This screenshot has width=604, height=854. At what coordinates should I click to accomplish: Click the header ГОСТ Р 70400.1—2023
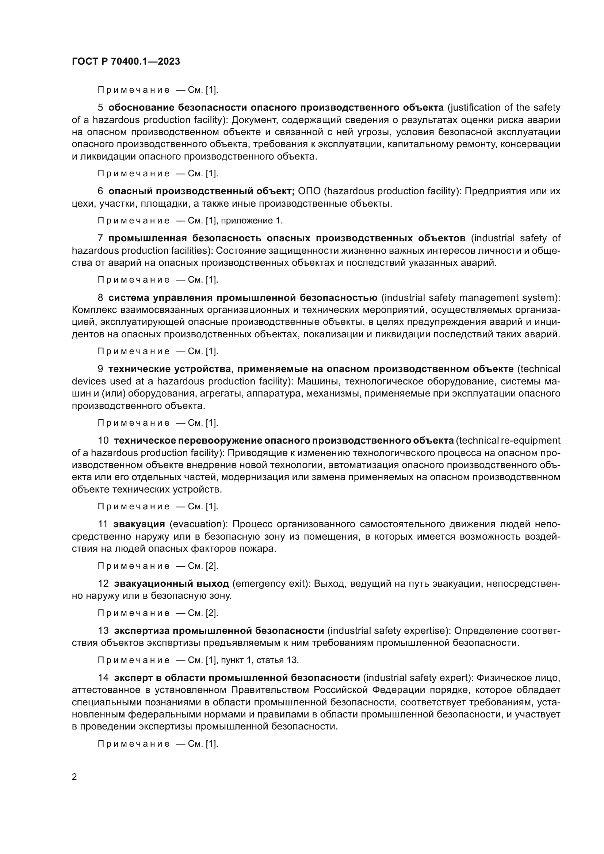[126, 61]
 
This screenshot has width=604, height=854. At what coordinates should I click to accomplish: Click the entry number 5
[100, 107]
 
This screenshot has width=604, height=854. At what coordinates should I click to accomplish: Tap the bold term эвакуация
[139, 524]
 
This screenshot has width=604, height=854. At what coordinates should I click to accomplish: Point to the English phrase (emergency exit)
[271, 583]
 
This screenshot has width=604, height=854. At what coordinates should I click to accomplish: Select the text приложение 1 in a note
[251, 221]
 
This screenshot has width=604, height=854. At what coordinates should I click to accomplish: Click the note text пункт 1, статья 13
[260, 660]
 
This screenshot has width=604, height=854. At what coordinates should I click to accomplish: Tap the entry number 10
[103, 440]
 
